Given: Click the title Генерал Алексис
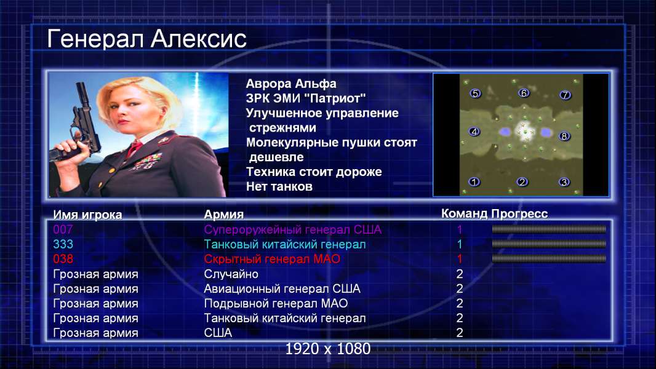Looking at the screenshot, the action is pyautogui.click(x=146, y=39).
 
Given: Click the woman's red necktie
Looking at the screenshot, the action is pyautogui.click(x=134, y=148).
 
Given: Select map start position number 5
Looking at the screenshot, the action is pyautogui.click(x=475, y=93).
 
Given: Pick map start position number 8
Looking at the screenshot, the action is pyautogui.click(x=564, y=137).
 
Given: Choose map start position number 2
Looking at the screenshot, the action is pyautogui.click(x=522, y=182).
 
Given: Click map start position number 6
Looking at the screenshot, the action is pyautogui.click(x=524, y=93).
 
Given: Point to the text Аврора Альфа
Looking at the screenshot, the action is pyautogui.click(x=290, y=84).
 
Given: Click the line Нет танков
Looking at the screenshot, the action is pyautogui.click(x=279, y=186).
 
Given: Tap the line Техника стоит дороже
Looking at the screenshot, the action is pyautogui.click(x=314, y=172).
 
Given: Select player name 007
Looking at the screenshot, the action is pyautogui.click(x=63, y=229).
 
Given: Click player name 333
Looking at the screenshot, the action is pyautogui.click(x=63, y=244).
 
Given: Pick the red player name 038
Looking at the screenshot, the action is pyautogui.click(x=63, y=259).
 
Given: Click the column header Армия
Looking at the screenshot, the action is pyautogui.click(x=223, y=215).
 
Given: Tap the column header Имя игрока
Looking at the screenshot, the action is pyautogui.click(x=87, y=215).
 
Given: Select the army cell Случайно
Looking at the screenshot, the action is pyautogui.click(x=231, y=274).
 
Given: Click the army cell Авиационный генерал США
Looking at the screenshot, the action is pyautogui.click(x=282, y=289).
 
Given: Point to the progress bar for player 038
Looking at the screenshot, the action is pyautogui.click(x=549, y=259).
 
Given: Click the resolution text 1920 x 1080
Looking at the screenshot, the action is pyautogui.click(x=328, y=349).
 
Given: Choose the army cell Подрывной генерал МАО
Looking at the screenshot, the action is pyautogui.click(x=276, y=303).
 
